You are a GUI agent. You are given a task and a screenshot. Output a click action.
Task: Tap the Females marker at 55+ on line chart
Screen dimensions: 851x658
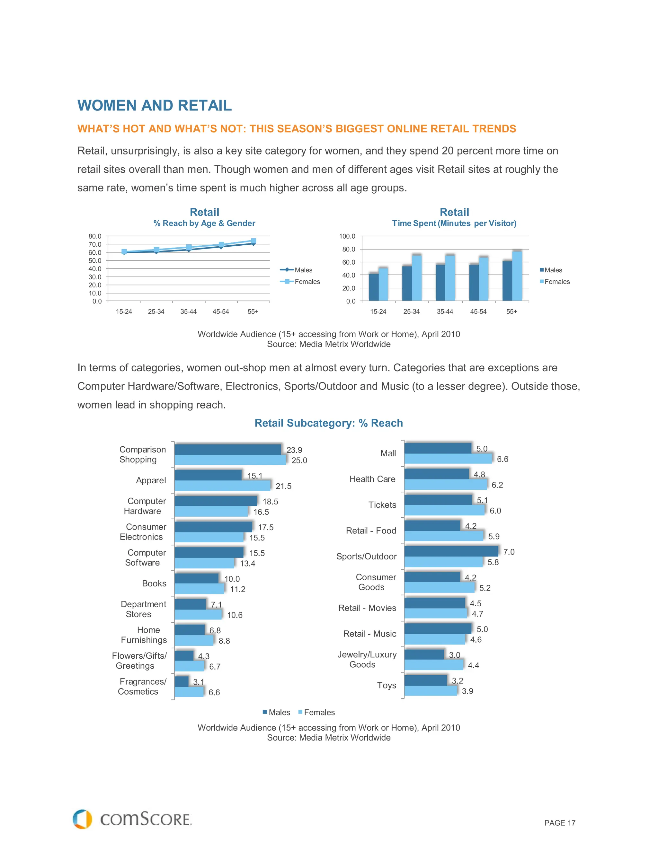(253, 241)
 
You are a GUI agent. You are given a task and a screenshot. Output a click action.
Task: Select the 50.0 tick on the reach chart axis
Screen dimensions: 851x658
(95, 260)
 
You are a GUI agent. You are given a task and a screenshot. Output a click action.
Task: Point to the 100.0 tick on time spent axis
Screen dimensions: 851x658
(347, 236)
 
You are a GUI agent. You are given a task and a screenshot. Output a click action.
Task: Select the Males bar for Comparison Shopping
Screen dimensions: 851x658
(228, 450)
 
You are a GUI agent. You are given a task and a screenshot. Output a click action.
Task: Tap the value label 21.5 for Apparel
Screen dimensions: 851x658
(283, 486)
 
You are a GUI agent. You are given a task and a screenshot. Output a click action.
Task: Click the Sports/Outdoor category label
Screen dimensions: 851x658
(366, 557)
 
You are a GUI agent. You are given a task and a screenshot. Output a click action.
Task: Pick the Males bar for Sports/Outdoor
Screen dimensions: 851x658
(451, 551)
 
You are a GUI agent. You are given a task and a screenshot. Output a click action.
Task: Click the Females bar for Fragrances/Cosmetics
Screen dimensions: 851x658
(189, 692)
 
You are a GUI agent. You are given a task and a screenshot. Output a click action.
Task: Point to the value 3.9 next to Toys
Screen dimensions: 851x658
(467, 691)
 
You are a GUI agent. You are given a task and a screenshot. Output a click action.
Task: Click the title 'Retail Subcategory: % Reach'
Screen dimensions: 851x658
(329, 423)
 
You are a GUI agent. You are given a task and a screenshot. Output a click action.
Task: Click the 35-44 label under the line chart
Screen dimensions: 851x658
(188, 312)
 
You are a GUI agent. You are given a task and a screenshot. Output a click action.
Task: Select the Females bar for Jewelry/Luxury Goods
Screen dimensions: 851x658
(434, 665)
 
